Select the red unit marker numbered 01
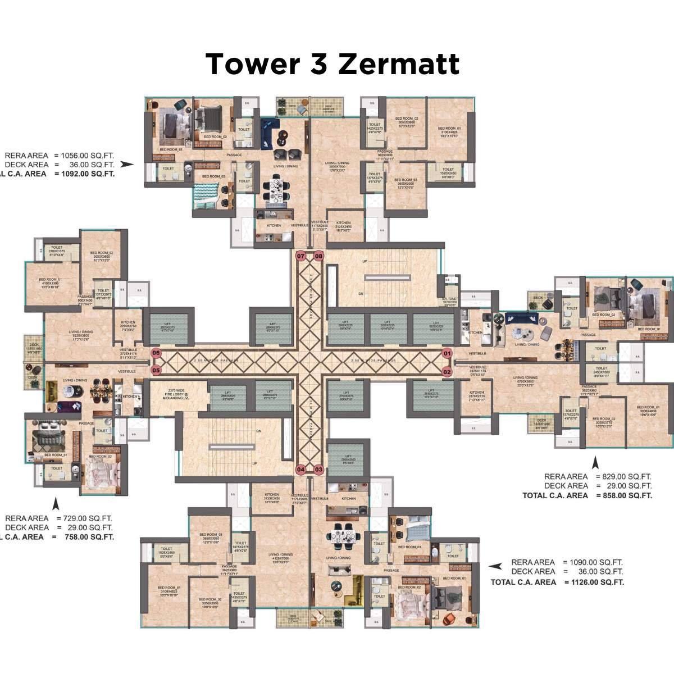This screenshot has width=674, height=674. [447, 353]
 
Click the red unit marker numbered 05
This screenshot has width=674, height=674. [156, 370]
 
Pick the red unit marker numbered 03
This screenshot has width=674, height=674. [318, 469]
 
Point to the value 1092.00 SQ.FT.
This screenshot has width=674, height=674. [85, 174]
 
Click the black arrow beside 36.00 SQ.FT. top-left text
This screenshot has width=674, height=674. [127, 165]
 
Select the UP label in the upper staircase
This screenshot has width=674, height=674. [365, 262]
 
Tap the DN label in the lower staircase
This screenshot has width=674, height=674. [258, 431]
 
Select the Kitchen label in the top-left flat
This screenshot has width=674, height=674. [274, 226]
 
